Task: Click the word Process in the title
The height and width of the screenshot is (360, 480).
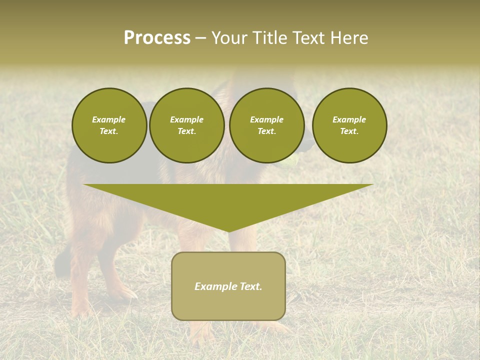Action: pyautogui.click(x=157, y=38)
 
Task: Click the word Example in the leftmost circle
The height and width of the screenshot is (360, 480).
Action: pyautogui.click(x=109, y=119)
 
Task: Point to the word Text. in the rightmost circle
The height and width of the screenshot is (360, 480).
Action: pyautogui.click(x=349, y=131)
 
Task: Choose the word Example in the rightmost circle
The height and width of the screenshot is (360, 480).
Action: pyautogui.click(x=349, y=119)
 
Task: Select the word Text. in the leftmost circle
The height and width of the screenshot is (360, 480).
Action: pyautogui.click(x=109, y=131)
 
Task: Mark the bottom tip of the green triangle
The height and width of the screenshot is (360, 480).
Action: pyautogui.click(x=228, y=231)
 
